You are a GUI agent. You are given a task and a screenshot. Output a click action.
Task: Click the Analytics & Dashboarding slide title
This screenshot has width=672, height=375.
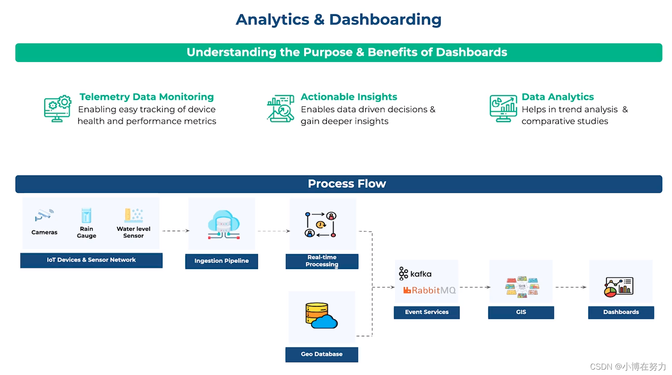point(338,20)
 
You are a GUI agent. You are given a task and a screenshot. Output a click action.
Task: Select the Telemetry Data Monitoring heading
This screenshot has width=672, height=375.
point(147,97)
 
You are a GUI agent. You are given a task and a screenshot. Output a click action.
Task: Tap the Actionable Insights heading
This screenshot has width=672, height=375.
point(349,97)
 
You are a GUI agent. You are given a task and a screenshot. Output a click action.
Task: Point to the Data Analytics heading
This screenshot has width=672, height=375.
point(558,97)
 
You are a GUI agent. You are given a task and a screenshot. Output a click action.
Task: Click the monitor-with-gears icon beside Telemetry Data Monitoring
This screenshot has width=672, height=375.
point(57,108)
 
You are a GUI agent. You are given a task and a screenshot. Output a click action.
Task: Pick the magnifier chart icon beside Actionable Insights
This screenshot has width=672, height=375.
point(281,108)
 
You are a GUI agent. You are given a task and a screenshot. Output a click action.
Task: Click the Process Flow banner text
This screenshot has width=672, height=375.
point(346,183)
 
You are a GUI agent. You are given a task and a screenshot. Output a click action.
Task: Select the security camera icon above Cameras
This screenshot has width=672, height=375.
point(44,216)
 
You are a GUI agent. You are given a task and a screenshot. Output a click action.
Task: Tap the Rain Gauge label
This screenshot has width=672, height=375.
point(86,232)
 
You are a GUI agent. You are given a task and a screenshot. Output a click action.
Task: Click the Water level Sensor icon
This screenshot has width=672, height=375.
point(134,215)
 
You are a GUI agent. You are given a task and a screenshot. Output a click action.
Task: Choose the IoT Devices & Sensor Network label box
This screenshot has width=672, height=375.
point(91,260)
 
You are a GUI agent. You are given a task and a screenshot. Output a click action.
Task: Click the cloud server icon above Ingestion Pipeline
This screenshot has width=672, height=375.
point(224,224)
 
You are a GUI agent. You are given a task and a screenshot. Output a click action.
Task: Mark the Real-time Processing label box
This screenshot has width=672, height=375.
point(322,261)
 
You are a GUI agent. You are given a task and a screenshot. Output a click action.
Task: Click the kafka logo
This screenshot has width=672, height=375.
point(415,273)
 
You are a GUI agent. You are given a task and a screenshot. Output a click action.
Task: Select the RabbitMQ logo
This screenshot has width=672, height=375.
point(429,290)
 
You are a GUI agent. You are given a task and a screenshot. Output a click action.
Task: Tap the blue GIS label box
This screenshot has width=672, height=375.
point(521,312)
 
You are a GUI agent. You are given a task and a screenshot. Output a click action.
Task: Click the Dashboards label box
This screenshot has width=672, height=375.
point(621,312)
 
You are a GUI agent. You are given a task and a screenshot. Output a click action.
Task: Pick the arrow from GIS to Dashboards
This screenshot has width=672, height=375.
point(571,287)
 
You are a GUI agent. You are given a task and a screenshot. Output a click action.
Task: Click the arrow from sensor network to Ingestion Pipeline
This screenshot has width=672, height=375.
point(176,231)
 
